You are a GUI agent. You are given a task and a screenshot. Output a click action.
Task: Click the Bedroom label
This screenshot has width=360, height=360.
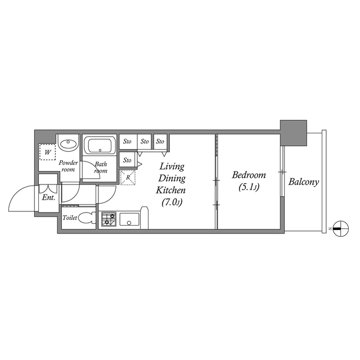coord(248,175)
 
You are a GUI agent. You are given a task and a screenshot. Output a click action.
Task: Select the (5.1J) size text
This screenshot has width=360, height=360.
coord(248,187)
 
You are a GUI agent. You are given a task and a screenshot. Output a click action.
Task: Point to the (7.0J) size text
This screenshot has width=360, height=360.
coord(172,202)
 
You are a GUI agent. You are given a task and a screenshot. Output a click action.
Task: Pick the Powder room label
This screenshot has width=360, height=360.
coord(68,166)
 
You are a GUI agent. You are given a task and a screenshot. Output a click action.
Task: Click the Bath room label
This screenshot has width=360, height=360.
coord(101,168)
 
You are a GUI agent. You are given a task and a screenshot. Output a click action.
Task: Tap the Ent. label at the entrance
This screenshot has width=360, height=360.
coord(48,198)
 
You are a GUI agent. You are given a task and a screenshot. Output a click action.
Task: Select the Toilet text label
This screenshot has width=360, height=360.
coord(70,218)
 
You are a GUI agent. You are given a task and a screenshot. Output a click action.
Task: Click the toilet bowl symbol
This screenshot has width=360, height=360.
coord(87,219)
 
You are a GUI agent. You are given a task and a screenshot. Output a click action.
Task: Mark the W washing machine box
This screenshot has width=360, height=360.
coord(47,152)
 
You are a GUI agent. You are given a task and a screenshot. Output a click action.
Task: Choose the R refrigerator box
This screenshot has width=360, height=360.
coord(128,178)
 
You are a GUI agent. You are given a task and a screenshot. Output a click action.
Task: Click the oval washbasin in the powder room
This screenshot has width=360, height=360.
coord(69,144)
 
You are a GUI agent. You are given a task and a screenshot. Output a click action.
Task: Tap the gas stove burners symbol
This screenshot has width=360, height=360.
coord(109,219)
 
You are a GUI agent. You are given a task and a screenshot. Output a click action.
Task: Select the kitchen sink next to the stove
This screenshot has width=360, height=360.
coord(129,220)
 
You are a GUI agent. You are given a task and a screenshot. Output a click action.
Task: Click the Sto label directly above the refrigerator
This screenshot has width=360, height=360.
coord(127,160)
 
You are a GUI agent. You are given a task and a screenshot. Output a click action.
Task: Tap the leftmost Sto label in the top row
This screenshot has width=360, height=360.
coord(127,141)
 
